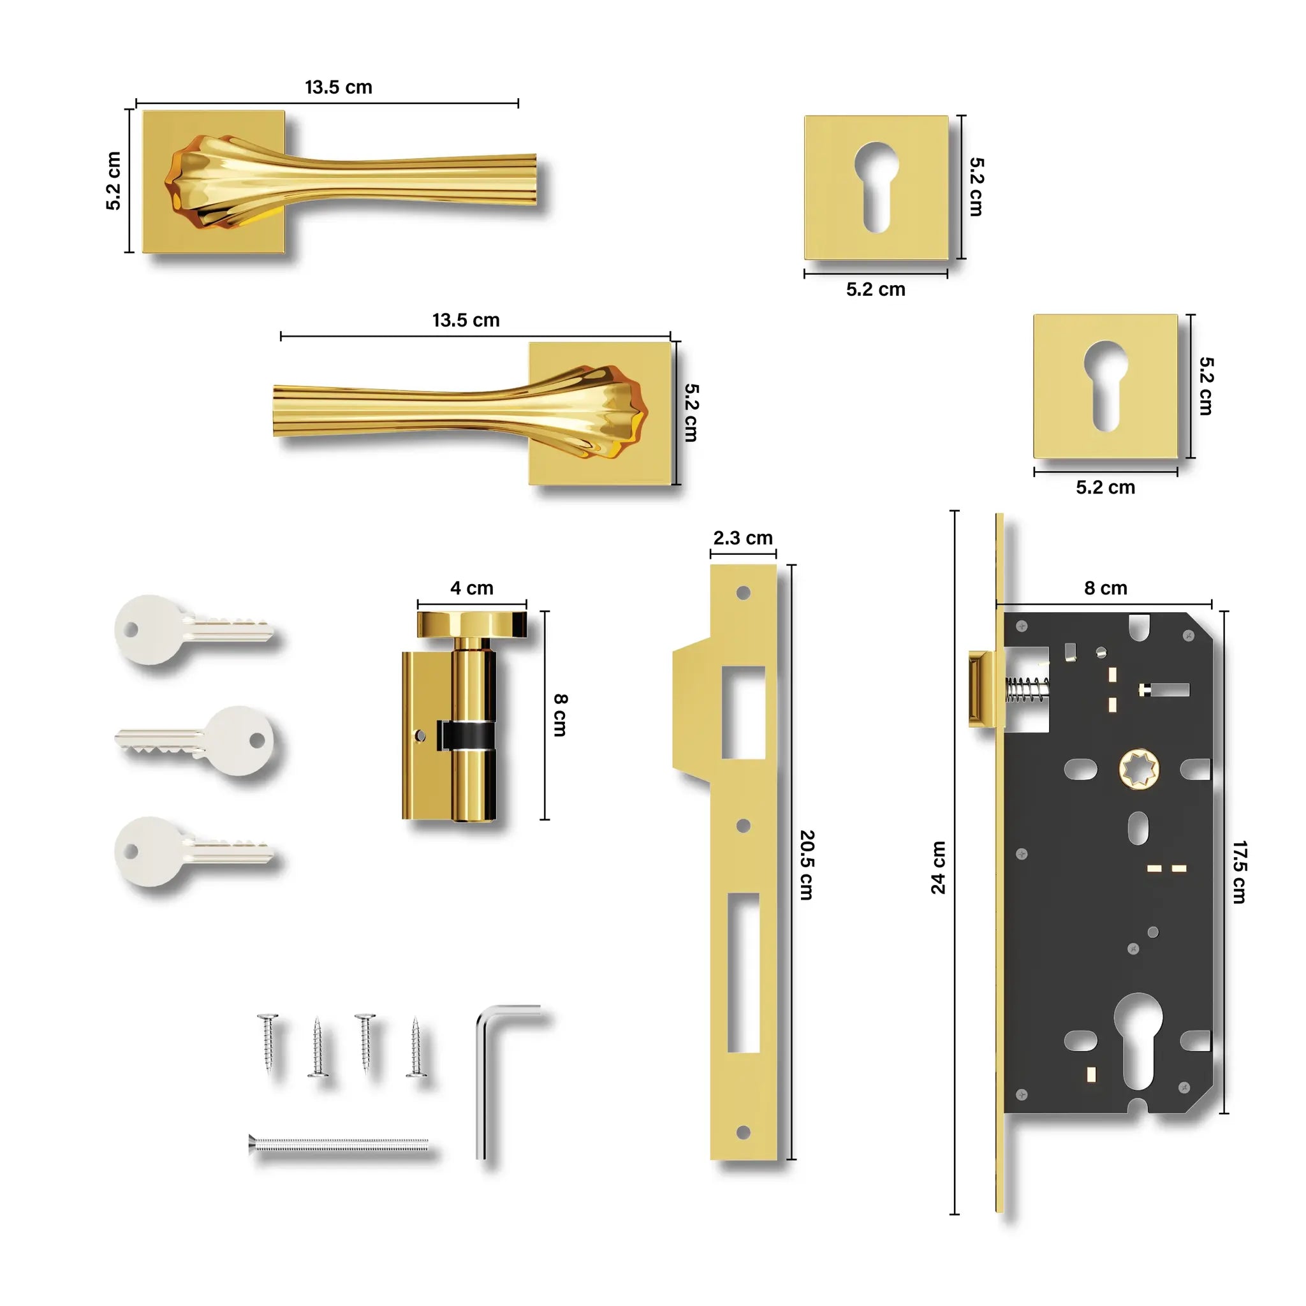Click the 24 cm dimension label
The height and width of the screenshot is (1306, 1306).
coord(938,867)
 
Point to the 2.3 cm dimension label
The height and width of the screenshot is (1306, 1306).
coord(743,538)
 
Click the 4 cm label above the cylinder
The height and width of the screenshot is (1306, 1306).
coord(472,588)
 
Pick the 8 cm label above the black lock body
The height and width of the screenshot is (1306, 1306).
coord(1106,588)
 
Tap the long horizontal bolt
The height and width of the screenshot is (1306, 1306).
coord(339,1145)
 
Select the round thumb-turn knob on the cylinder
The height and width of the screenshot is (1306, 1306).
coord(472,624)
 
